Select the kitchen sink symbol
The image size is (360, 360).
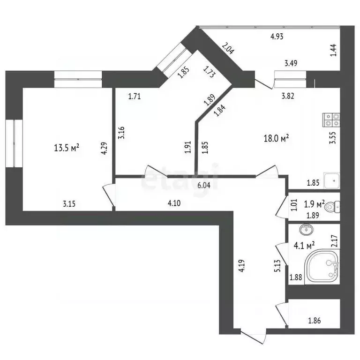click(333, 180)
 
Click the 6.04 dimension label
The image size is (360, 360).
click(203, 185)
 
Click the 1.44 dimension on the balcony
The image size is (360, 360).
click(333, 49)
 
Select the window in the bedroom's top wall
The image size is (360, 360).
click(78, 78)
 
